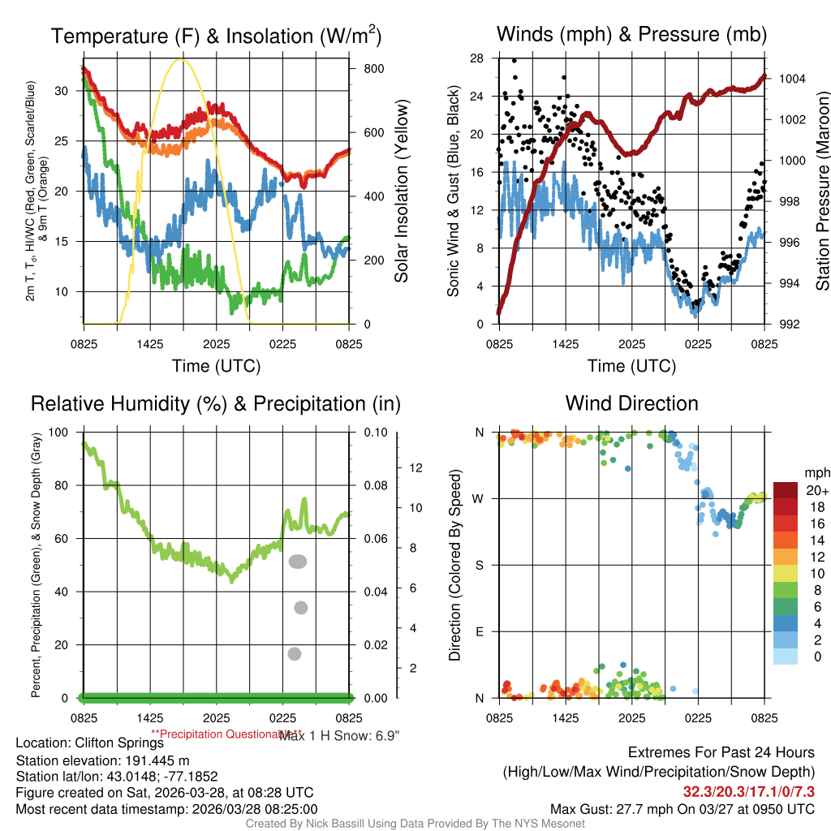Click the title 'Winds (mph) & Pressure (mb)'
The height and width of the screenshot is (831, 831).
coord(631,34)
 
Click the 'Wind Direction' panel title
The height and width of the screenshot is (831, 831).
coord(631,403)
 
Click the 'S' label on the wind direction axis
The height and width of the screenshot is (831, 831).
coord(479,565)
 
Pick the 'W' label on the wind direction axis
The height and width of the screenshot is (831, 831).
coord(478,498)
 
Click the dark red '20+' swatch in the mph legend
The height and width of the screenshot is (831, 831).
coord(786,490)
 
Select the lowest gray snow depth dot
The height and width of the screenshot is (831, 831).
coord(295,654)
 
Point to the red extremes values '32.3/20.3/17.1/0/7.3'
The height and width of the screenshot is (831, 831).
coord(749,791)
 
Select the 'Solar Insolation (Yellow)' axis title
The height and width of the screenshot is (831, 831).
coord(401,191)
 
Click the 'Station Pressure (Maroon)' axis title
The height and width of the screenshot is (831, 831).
coord(821,191)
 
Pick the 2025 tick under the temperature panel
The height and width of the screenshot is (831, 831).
coord(217,345)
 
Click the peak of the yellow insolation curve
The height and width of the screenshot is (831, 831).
coord(181,59)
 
